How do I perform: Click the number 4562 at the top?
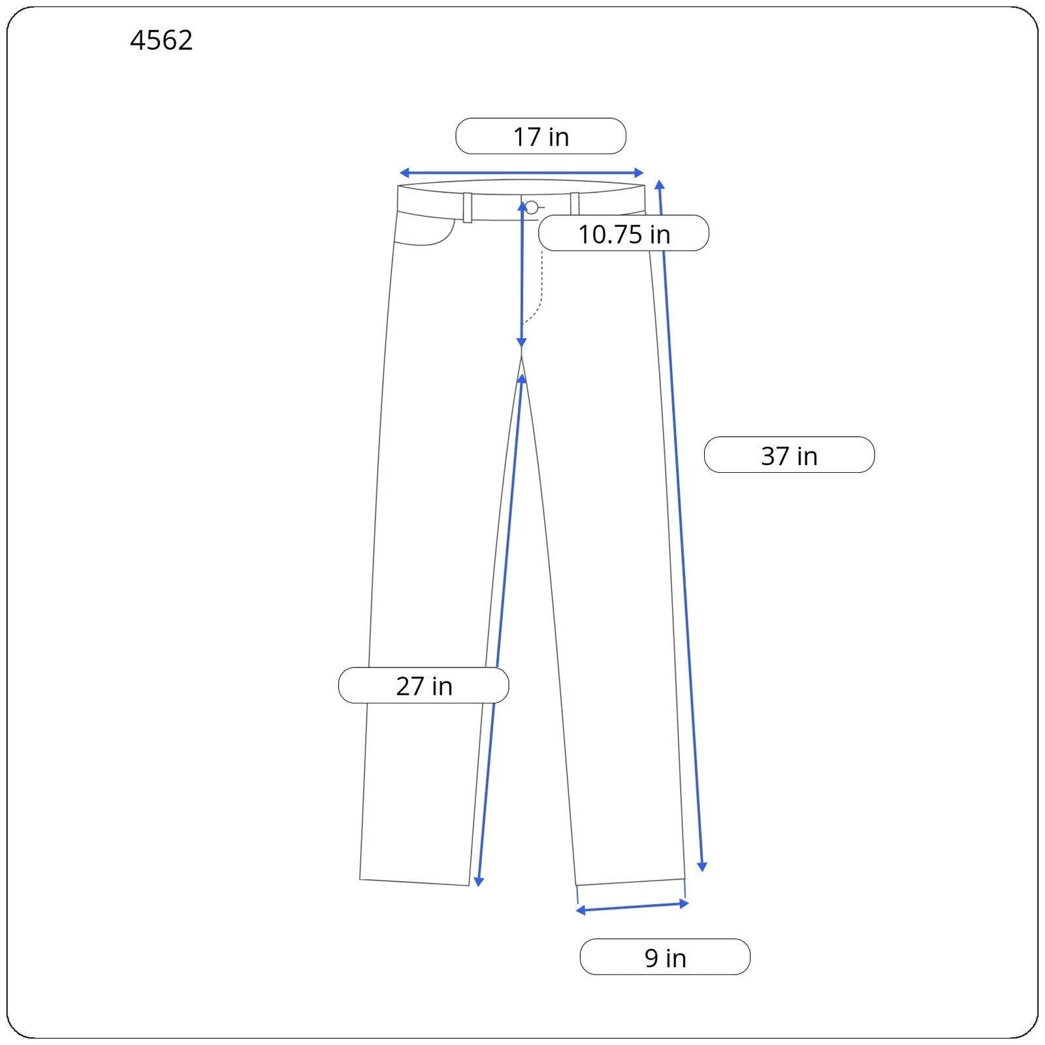tap(161, 40)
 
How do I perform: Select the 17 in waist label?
tap(541, 137)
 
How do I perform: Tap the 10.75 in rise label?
tap(624, 233)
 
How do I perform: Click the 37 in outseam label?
tap(789, 455)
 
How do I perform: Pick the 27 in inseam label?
tap(423, 685)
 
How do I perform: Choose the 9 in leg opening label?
tap(665, 957)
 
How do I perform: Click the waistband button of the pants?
tap(532, 208)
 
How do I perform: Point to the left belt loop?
tap(468, 208)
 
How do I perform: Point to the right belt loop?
tap(575, 204)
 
